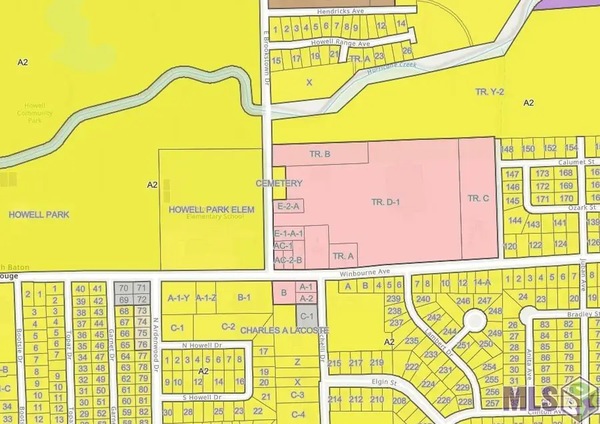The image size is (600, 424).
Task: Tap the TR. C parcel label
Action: tap(478, 198)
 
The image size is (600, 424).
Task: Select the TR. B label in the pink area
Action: tap(320, 154)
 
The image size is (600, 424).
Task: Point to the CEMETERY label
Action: tap(279, 183)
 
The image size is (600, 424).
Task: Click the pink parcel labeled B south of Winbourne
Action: tap(283, 292)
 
